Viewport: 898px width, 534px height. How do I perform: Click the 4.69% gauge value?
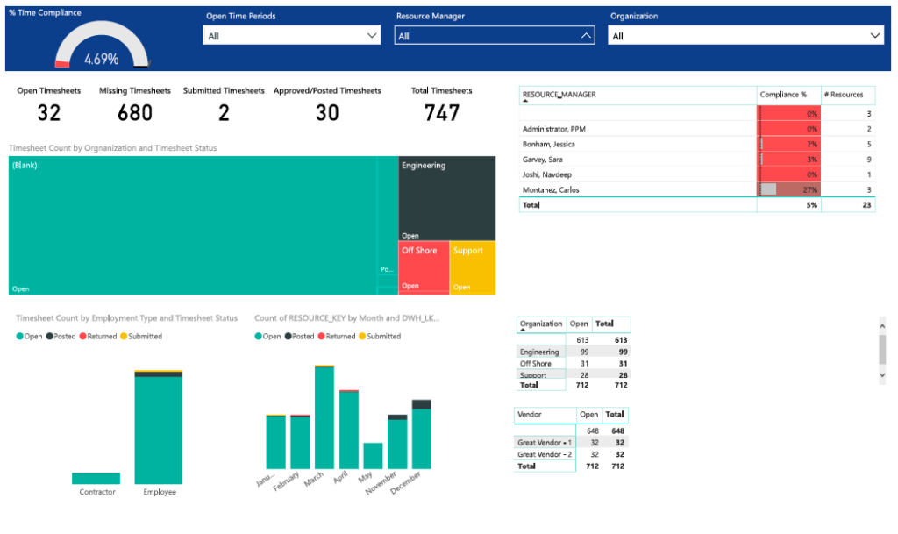tap(102, 60)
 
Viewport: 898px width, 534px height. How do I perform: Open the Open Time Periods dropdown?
tap(292, 36)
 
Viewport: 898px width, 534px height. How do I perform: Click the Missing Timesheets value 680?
tap(134, 113)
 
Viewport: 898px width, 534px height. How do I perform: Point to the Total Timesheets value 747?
tap(442, 113)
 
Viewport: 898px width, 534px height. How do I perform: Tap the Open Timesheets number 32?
tap(49, 113)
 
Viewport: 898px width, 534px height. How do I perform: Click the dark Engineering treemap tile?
tap(446, 198)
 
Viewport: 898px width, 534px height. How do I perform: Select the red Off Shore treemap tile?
tap(424, 268)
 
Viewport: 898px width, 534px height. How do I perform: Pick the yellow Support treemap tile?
tap(473, 268)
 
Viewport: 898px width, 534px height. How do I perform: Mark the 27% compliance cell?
tap(788, 189)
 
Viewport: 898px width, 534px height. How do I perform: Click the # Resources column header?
tap(847, 95)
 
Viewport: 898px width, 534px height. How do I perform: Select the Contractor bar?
tap(96, 478)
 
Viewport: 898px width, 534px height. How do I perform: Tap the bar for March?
tap(324, 417)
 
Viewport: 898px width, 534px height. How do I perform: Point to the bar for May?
tap(373, 455)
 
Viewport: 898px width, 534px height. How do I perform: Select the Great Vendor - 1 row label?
tap(544, 443)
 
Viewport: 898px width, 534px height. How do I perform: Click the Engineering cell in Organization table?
tap(539, 352)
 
